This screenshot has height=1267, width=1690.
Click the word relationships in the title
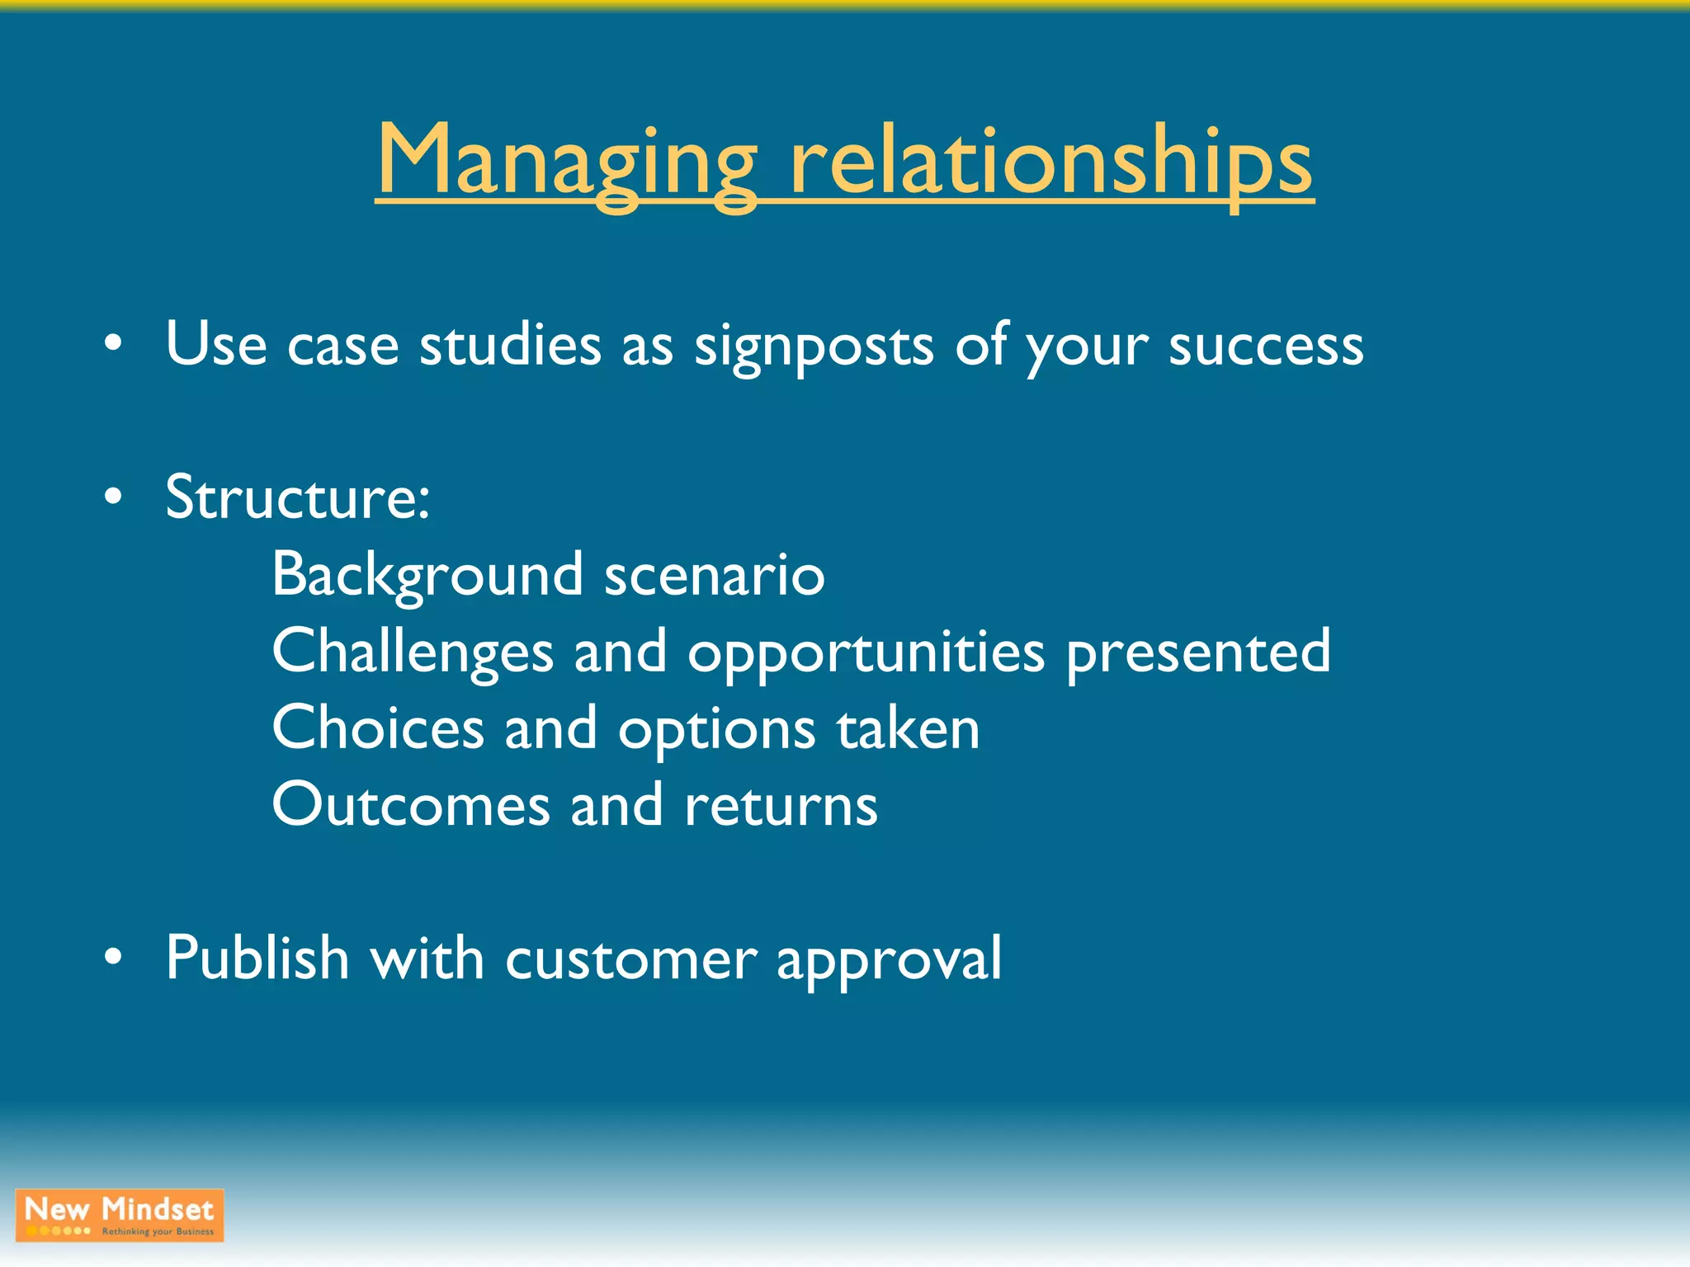pos(1050,161)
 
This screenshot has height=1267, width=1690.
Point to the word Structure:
pos(298,498)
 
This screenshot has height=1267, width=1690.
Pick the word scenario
pos(715,576)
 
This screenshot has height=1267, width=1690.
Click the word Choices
pos(378,729)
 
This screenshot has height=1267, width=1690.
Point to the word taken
pos(908,729)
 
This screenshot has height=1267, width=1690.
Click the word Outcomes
pos(411,806)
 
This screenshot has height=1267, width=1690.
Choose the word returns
pos(781,806)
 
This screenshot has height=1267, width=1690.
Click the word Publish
pos(257,958)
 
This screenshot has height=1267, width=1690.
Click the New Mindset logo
pos(120,1215)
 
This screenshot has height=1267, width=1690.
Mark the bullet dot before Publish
pos(114,957)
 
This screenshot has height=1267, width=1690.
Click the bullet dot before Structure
pos(114,497)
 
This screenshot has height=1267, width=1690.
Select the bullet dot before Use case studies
pos(114,343)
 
